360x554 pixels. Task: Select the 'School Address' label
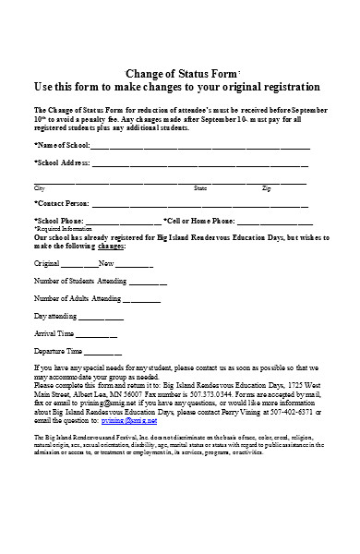pyautogui.click(x=62, y=163)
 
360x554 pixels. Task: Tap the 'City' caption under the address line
pyautogui.click(x=39, y=187)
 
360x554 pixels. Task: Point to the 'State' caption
pyautogui.click(x=200, y=187)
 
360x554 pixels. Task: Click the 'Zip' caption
pyautogui.click(x=267, y=187)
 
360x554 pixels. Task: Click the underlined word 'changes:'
pyautogui.click(x=110, y=247)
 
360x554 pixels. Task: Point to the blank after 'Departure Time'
pyautogui.click(x=103, y=352)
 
